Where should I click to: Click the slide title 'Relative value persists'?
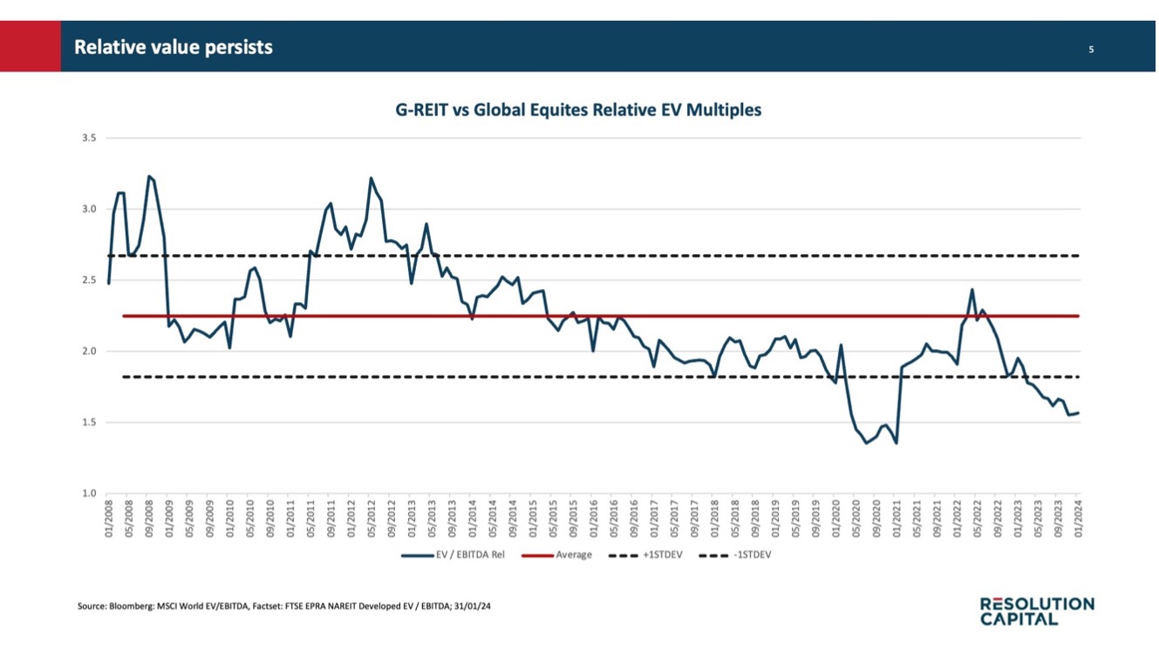173,47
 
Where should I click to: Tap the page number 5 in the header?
1090,50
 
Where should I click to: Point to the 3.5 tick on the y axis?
89,138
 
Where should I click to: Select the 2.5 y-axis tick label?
89,280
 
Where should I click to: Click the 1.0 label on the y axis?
89,494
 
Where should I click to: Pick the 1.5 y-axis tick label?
89,423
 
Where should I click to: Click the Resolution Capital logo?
1036,611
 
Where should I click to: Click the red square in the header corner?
30,46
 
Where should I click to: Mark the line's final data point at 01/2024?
1079,413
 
